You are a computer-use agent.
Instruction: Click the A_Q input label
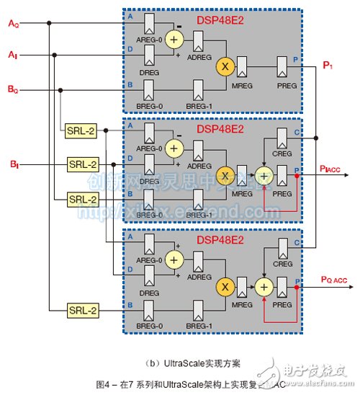(13, 25)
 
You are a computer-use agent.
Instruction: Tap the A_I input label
(12, 55)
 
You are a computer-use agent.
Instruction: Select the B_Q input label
(13, 90)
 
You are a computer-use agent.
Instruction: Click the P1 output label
(328, 66)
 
